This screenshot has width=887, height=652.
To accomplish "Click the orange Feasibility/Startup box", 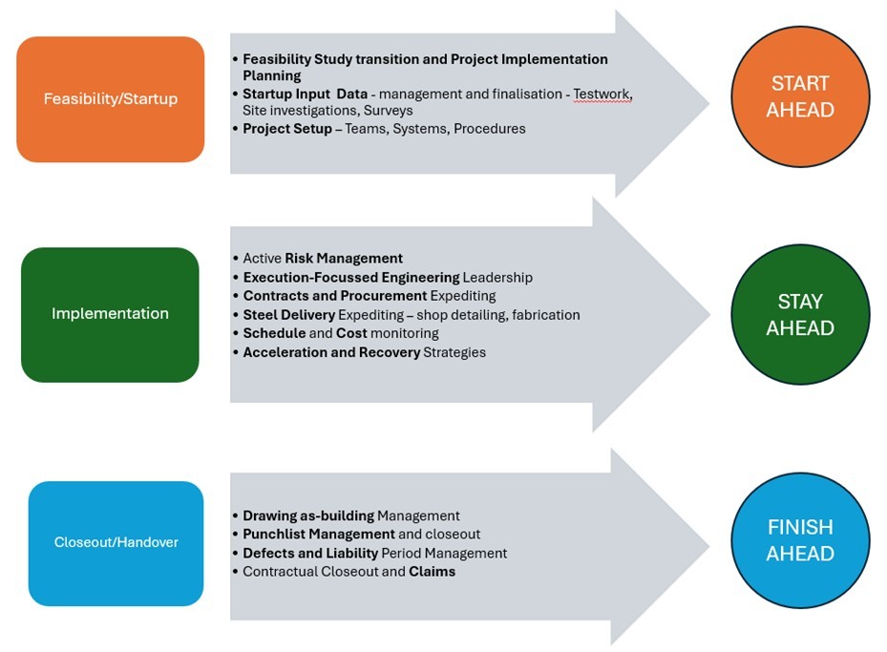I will click(110, 99).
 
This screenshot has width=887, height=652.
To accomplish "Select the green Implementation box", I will click(110, 314).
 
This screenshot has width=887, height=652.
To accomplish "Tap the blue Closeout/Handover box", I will click(116, 543).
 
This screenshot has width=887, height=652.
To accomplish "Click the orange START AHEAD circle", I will click(800, 96).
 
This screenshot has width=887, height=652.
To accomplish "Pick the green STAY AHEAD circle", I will click(800, 315).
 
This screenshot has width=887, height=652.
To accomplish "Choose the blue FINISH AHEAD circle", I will click(800, 540).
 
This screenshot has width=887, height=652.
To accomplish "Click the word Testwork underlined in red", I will click(602, 95).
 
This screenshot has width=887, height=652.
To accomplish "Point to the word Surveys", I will click(389, 111).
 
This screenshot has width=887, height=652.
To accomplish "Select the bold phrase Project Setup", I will click(287, 129).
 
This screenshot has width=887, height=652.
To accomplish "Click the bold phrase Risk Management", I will click(344, 259).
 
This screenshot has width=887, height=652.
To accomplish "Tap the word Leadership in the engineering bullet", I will click(497, 278).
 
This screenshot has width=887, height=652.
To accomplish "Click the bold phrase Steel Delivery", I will click(288, 315).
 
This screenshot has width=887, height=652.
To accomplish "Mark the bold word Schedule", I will click(273, 334).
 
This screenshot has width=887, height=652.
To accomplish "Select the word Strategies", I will click(455, 353).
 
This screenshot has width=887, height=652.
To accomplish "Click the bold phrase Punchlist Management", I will click(318, 535).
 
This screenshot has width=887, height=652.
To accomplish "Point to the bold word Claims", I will click(433, 572).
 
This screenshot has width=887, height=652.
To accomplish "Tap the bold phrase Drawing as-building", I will click(307, 515).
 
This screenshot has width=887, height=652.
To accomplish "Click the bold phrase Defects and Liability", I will click(310, 554).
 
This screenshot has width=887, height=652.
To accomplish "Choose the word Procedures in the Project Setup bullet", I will click(491, 129).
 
